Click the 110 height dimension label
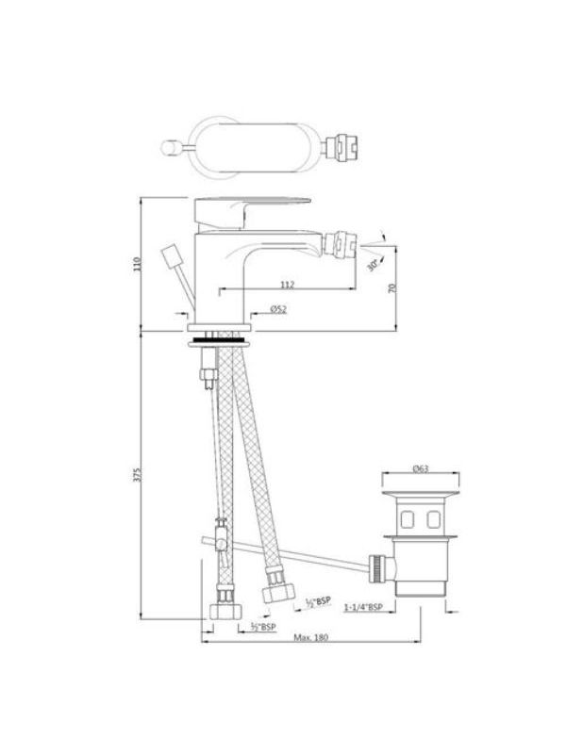[x=138, y=264]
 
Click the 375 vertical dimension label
[x=138, y=475]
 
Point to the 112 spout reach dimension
[x=288, y=285]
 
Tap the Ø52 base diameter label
[x=278, y=309]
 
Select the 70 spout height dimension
[x=392, y=288]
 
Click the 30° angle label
[x=373, y=264]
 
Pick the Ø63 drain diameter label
[x=421, y=468]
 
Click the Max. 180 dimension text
[x=311, y=637]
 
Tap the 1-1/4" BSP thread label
[x=363, y=607]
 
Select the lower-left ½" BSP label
[x=263, y=627]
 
